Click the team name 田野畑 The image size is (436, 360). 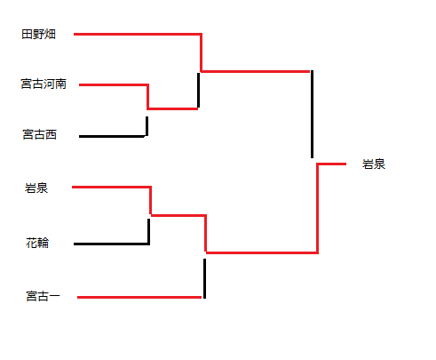pyautogui.click(x=38, y=34)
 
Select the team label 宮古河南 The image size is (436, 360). pyautogui.click(x=44, y=84)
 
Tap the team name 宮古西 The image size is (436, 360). pyautogui.click(x=40, y=134)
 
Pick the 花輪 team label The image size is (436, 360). pyautogui.click(x=37, y=243)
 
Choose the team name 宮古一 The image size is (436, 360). pyautogui.click(x=43, y=296)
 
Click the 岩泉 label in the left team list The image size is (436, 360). pyautogui.click(x=36, y=188)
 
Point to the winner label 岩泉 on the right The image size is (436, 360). pyautogui.click(x=374, y=164)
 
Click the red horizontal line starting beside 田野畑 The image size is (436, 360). pyautogui.click(x=138, y=35)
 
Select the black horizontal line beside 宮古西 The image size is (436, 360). pyautogui.click(x=112, y=136)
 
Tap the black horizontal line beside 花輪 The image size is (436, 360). pyautogui.click(x=111, y=244)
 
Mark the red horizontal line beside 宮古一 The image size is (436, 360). pyautogui.click(x=139, y=297)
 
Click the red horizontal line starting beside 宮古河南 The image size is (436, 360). pyautogui.click(x=114, y=85)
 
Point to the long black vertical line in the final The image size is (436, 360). pyautogui.click(x=312, y=114)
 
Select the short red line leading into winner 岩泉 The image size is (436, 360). pyautogui.click(x=331, y=164)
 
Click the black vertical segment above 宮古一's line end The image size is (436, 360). pyautogui.click(x=204, y=278)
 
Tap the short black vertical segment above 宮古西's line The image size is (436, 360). pyautogui.click(x=147, y=126)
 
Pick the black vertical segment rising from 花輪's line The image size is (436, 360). pyautogui.click(x=148, y=232)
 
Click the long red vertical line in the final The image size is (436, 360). pyautogui.click(x=317, y=208)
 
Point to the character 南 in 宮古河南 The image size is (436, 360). pyautogui.click(x=60, y=84)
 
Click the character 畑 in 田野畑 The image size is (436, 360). pyautogui.click(x=50, y=34)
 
